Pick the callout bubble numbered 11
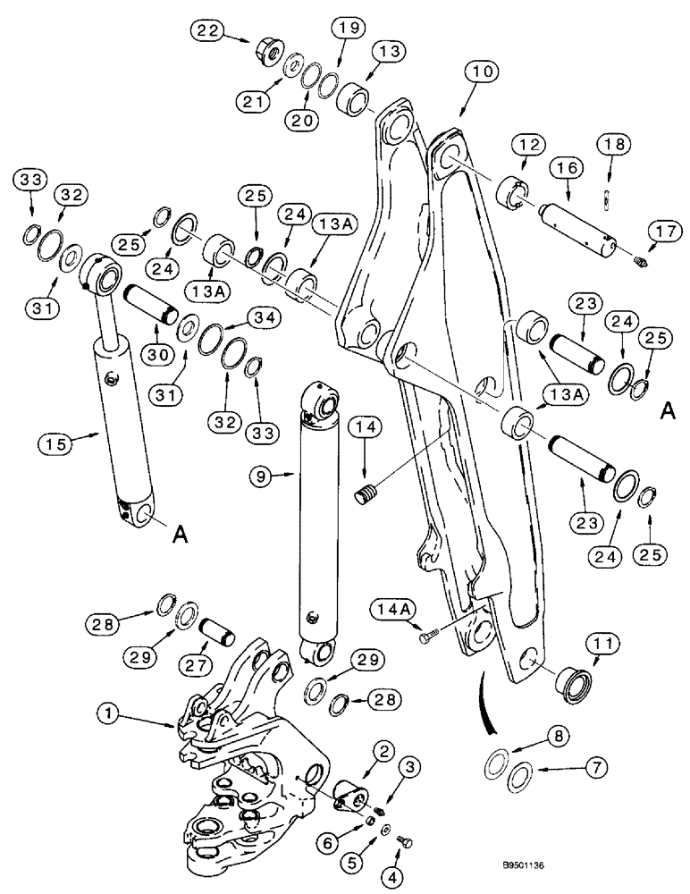click(600, 644)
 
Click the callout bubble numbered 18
click(616, 144)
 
